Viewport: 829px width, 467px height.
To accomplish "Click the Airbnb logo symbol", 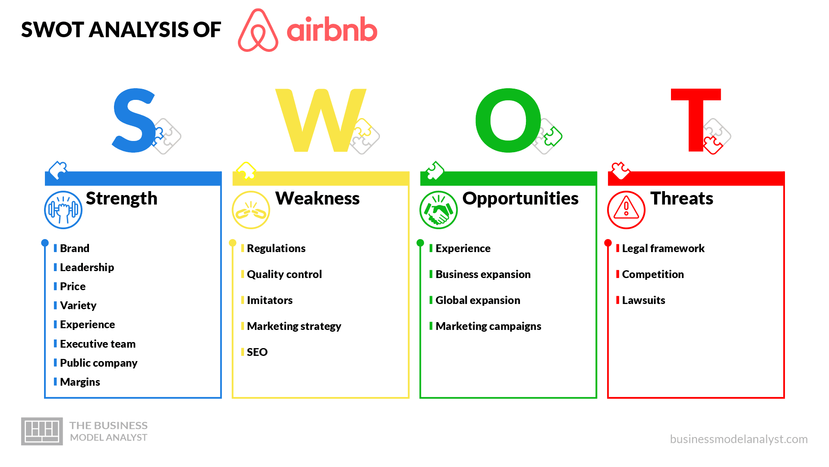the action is [x=258, y=30].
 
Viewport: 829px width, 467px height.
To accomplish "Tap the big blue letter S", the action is [x=134, y=120].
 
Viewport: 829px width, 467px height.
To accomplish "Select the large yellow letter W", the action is [x=321, y=120].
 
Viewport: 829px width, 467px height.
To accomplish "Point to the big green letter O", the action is [x=508, y=120].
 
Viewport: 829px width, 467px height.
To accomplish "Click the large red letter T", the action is [x=696, y=120].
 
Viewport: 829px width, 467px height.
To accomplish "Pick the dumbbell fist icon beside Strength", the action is [x=63, y=210].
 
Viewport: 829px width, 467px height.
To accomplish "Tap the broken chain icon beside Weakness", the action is [x=251, y=210].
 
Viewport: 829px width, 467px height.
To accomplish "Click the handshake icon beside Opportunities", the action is [x=439, y=210].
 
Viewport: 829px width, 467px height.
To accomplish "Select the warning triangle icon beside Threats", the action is [x=626, y=210].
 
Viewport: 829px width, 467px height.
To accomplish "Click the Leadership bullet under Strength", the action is [x=87, y=267].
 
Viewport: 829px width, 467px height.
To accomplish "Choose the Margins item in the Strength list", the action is [x=80, y=382].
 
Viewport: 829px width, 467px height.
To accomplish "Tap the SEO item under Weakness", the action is [x=257, y=352].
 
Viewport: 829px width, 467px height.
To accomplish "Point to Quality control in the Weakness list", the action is [x=284, y=274].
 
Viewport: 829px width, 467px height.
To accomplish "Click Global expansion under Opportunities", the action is [x=478, y=300].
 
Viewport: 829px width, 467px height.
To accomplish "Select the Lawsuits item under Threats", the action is [x=643, y=300].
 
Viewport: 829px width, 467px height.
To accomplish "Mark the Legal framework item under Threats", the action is [x=663, y=248].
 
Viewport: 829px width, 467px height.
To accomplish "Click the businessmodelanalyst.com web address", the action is [x=739, y=439].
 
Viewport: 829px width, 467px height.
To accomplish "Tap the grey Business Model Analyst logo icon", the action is [x=42, y=431].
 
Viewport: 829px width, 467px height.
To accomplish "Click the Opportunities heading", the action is [x=520, y=198].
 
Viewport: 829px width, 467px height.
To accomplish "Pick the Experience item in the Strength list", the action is [x=87, y=324].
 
